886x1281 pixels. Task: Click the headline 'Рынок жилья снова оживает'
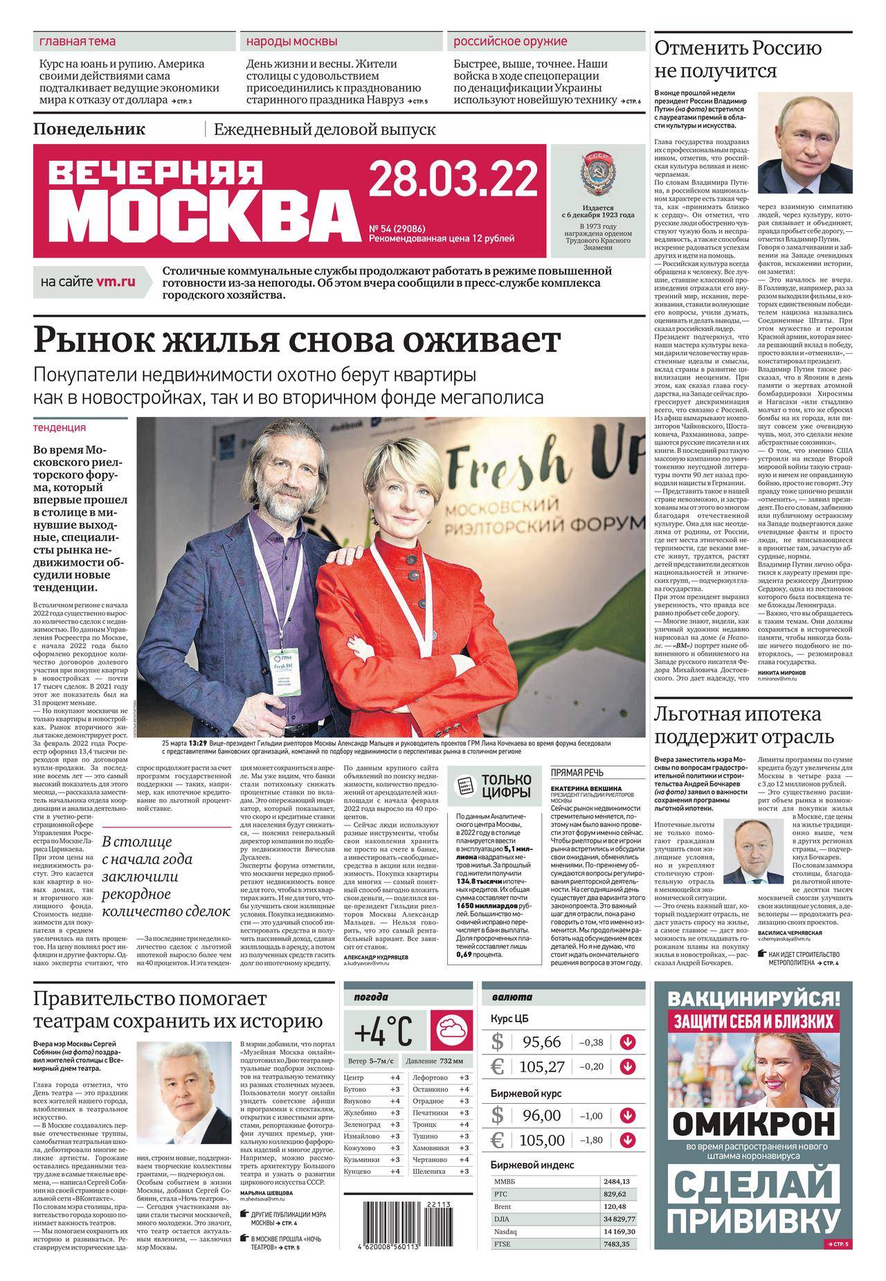pyautogui.click(x=297, y=341)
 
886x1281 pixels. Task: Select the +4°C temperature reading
pyautogui.click(x=385, y=1034)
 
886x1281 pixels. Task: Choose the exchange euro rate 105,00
pyautogui.click(x=542, y=1140)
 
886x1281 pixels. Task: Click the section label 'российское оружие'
pyautogui.click(x=510, y=41)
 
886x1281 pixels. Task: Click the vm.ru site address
pyautogui.click(x=116, y=281)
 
